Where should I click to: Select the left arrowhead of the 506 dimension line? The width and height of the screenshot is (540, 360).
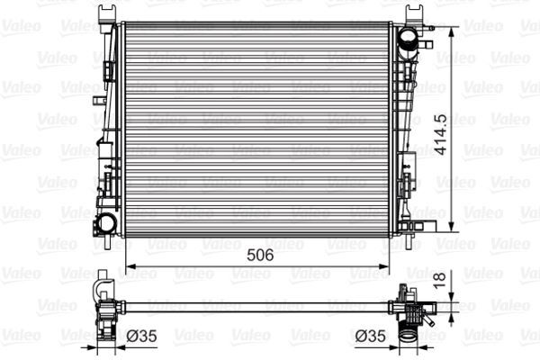[x=127, y=266]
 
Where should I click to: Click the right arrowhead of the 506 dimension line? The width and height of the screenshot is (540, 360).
[x=387, y=266]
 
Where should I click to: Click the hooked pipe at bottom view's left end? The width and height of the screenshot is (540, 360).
[x=102, y=291]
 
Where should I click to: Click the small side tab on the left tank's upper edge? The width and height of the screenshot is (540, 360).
[x=108, y=71]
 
